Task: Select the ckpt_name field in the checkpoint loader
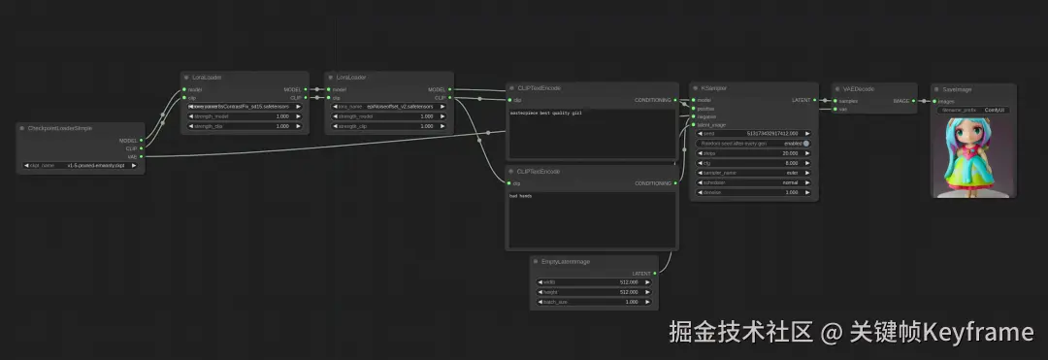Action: click(82, 166)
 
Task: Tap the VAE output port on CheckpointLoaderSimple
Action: click(142, 156)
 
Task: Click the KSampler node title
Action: click(717, 87)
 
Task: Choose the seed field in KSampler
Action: click(753, 133)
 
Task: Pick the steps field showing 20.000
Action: click(753, 153)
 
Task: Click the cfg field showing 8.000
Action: click(753, 163)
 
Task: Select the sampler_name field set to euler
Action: click(753, 173)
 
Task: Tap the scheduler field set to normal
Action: click(753, 182)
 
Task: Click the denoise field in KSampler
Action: click(753, 192)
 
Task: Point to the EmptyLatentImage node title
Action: click(568, 261)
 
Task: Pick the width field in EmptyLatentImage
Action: click(594, 282)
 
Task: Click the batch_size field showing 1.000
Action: click(594, 302)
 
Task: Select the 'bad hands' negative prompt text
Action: click(521, 196)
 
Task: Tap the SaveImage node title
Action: click(957, 88)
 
